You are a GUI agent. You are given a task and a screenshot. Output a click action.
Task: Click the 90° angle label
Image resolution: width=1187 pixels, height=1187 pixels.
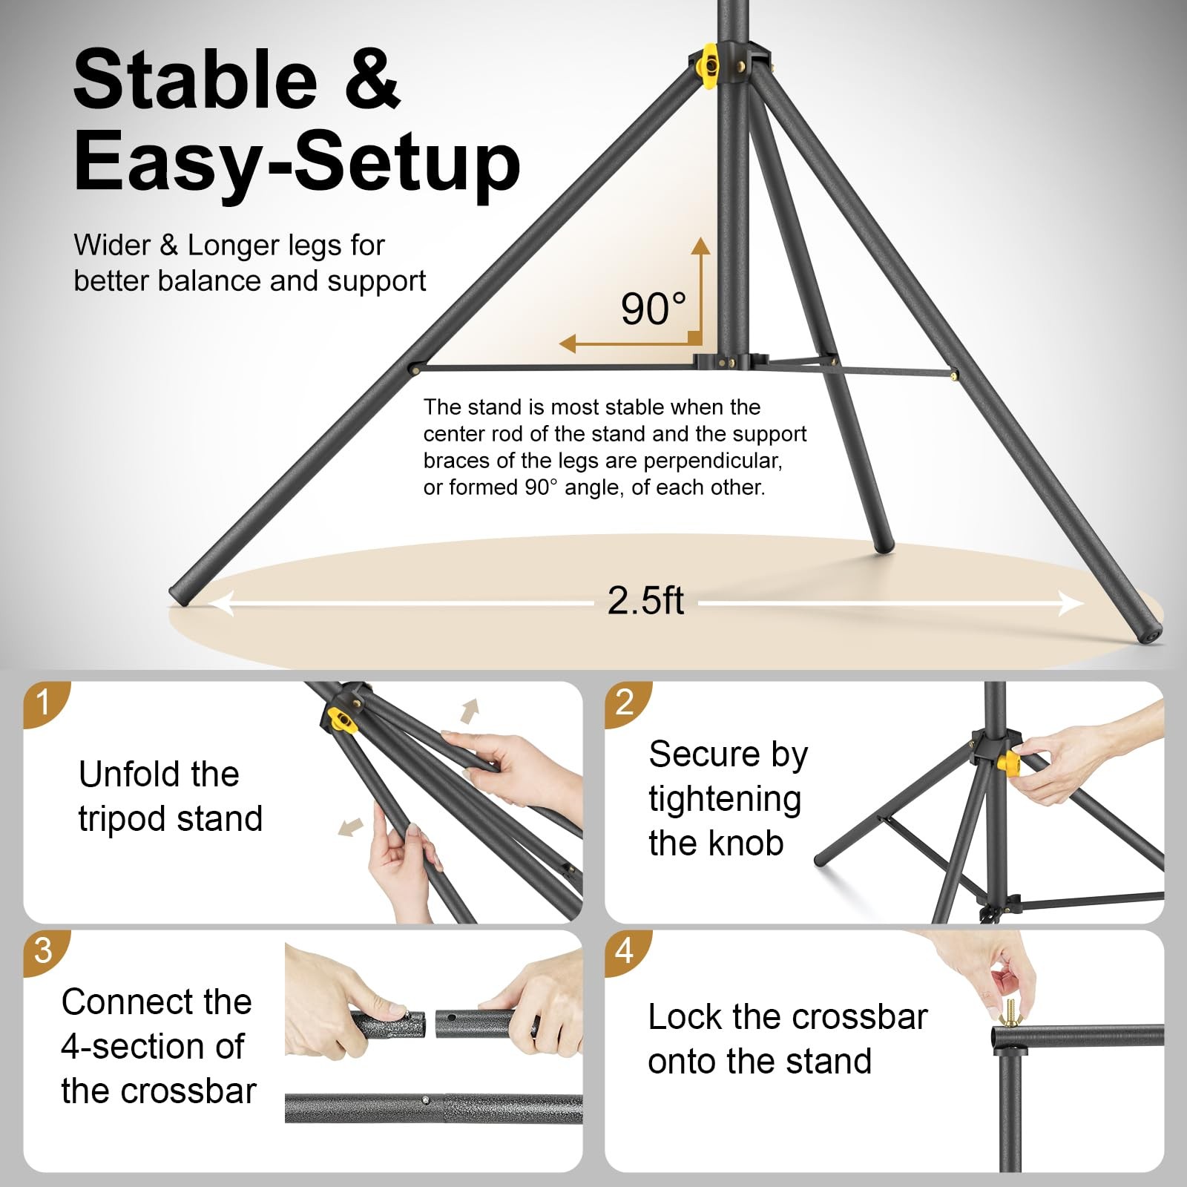[x=653, y=309]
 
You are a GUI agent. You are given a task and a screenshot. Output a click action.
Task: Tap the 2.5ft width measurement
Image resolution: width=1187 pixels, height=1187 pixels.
[x=645, y=600]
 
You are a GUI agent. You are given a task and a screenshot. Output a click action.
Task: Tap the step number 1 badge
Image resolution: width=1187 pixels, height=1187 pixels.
[x=43, y=702]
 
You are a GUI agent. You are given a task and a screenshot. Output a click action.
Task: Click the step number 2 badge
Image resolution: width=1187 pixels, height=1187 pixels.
[x=625, y=702]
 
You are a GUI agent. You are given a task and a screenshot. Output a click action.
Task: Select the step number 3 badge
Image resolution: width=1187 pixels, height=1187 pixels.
[x=43, y=950]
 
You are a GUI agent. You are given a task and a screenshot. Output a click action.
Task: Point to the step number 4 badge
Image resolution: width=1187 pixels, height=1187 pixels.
[x=625, y=950]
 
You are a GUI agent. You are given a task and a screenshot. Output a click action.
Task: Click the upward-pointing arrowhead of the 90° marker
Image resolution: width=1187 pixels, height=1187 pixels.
[x=700, y=246]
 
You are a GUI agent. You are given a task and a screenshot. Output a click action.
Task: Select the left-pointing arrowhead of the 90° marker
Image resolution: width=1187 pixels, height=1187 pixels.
[x=568, y=343]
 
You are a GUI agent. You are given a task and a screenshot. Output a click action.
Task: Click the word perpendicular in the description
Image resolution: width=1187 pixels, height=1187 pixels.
[x=711, y=461]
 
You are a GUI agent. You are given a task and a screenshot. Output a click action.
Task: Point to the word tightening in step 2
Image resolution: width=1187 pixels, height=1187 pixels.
[x=725, y=800]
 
